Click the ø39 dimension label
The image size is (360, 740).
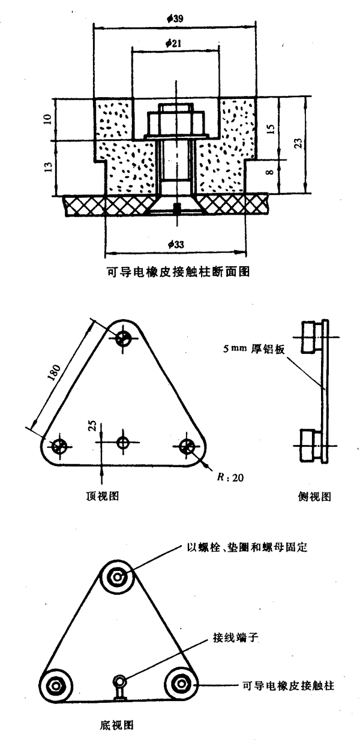tap(175, 19)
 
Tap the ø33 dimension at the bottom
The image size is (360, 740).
tap(176, 245)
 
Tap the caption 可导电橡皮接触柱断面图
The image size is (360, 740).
tap(175, 272)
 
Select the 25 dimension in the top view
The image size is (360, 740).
tap(92, 426)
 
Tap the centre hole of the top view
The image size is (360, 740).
tap(123, 443)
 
